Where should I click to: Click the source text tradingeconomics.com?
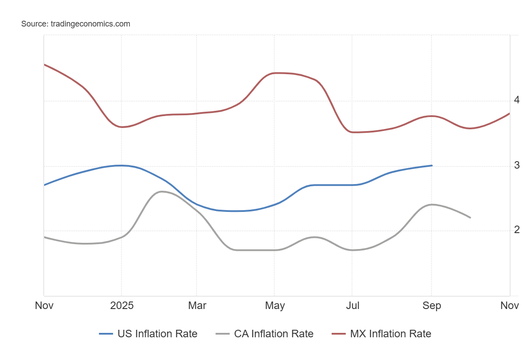coord(76,24)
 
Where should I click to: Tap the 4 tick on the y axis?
coord(517,100)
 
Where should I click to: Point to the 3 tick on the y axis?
coord(517,166)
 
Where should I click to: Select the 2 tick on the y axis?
coord(517,230)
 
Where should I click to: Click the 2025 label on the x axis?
coord(121,305)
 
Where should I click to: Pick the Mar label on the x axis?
coord(197,305)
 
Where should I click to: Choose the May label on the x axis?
coord(275,305)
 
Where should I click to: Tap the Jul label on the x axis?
coord(352,305)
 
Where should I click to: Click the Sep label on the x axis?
coord(432,305)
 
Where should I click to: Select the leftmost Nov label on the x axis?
coord(44,305)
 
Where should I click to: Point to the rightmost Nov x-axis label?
coord(510,305)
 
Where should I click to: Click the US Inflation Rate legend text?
coord(157,334)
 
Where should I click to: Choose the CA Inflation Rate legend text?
coord(273,334)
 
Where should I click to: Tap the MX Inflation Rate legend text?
coord(390,334)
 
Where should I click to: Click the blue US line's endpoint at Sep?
coord(432,166)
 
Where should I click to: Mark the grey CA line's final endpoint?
coord(470,218)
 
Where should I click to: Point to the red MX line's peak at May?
coord(275,73)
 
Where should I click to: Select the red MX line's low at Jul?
coord(352,132)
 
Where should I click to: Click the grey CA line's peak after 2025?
coord(161,191)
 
